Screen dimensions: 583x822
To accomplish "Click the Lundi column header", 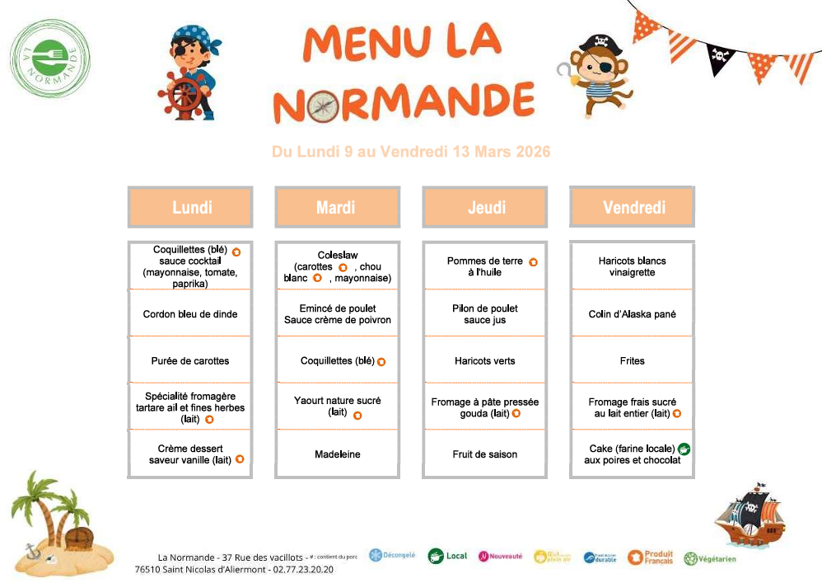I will pyautogui.click(x=190, y=207).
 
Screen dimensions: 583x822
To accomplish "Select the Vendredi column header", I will pyautogui.click(x=633, y=207).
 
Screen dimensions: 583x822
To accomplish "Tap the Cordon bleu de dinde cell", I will pyautogui.click(x=190, y=314).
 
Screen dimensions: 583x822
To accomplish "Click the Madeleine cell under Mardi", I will pyautogui.click(x=337, y=454).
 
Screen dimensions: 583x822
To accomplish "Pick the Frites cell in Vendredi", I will pyautogui.click(x=633, y=361).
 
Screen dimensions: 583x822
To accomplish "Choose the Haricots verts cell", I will pyautogui.click(x=484, y=361).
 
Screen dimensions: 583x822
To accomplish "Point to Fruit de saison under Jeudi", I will pyautogui.click(x=484, y=454).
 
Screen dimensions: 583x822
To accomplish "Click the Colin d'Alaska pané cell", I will pyautogui.click(x=633, y=314).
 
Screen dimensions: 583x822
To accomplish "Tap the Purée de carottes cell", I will pyautogui.click(x=190, y=361).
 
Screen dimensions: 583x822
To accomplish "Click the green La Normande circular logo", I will pyautogui.click(x=51, y=58).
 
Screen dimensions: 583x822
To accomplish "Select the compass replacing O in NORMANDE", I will pyautogui.click(x=321, y=104).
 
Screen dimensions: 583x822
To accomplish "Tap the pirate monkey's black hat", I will pyautogui.click(x=596, y=43).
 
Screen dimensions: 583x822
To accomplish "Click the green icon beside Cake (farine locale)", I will pyautogui.click(x=684, y=449).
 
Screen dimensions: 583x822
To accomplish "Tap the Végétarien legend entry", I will pyautogui.click(x=709, y=558).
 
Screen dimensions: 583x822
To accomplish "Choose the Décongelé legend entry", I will pyautogui.click(x=392, y=556).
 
